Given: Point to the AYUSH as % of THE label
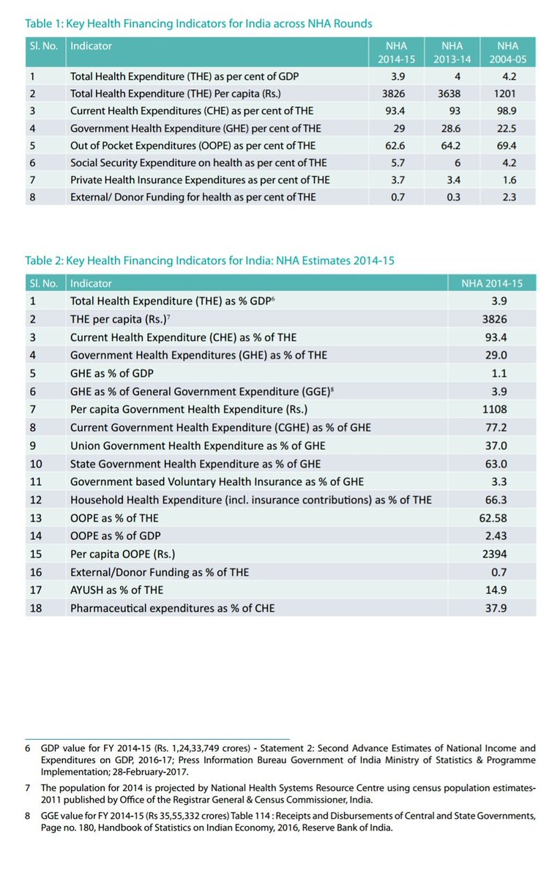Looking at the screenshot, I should (x=116, y=590).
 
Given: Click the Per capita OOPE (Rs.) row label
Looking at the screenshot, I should (x=123, y=554).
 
